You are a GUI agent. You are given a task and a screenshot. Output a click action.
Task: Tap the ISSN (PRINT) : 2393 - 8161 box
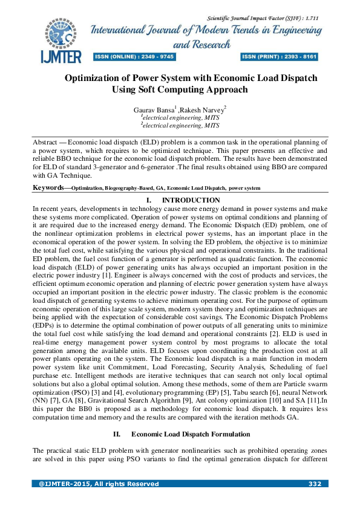[x=280, y=57]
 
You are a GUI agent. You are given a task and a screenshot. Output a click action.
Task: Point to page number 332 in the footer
[x=315, y=484]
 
